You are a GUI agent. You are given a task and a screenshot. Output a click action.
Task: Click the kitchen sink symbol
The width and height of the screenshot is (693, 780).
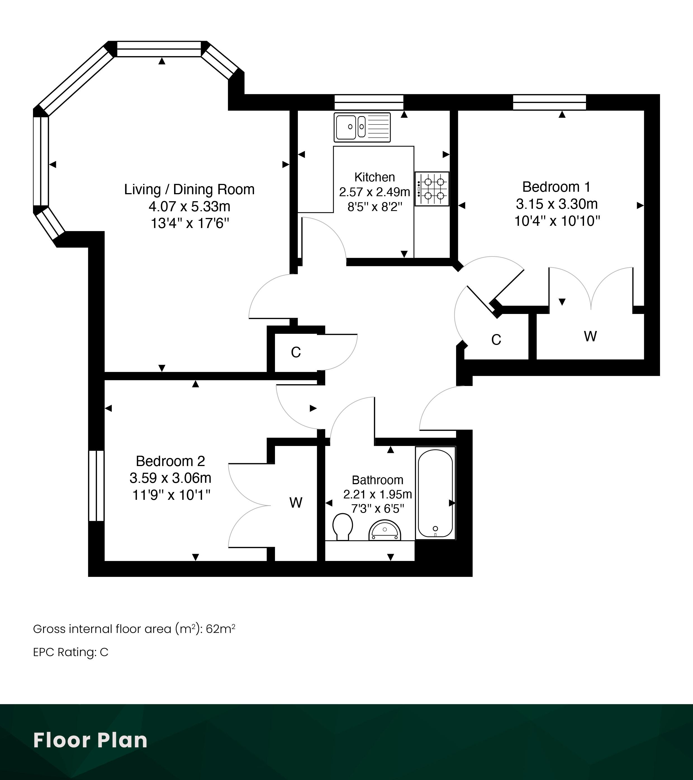362,127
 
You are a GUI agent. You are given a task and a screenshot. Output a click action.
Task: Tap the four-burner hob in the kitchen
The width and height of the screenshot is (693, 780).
432,189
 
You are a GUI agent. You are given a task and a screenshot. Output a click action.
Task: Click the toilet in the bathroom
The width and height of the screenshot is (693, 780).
343,527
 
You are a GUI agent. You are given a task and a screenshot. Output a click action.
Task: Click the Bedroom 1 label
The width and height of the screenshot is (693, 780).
556,187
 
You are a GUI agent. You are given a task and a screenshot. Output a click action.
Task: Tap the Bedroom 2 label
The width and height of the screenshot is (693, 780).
170,461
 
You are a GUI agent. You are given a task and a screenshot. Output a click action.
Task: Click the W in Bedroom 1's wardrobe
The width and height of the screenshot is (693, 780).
590,336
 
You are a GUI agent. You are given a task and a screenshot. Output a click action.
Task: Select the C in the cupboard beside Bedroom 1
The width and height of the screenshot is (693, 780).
496,340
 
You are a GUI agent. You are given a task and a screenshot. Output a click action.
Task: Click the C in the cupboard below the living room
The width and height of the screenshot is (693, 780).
296,352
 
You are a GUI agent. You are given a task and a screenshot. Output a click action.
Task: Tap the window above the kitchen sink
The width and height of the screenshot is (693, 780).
369,102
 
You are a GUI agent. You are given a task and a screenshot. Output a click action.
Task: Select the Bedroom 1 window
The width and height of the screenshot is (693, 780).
549,102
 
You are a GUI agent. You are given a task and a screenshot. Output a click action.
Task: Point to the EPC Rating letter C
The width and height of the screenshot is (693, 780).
104,652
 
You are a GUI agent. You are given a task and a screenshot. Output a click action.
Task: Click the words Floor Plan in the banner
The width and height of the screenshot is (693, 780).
90,740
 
